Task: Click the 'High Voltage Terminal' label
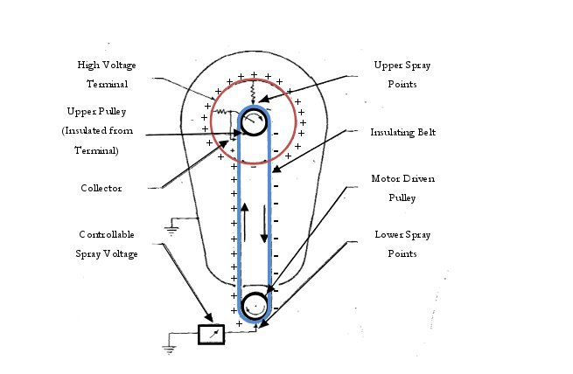(x=107, y=74)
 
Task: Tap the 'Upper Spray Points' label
(x=402, y=74)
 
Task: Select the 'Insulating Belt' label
(x=402, y=132)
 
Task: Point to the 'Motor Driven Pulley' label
(x=402, y=188)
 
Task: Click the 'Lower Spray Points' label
(x=402, y=244)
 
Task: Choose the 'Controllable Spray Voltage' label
(x=107, y=244)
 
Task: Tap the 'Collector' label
(x=101, y=188)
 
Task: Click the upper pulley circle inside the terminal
(x=254, y=122)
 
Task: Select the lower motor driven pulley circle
(x=254, y=306)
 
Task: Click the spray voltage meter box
(x=211, y=334)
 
